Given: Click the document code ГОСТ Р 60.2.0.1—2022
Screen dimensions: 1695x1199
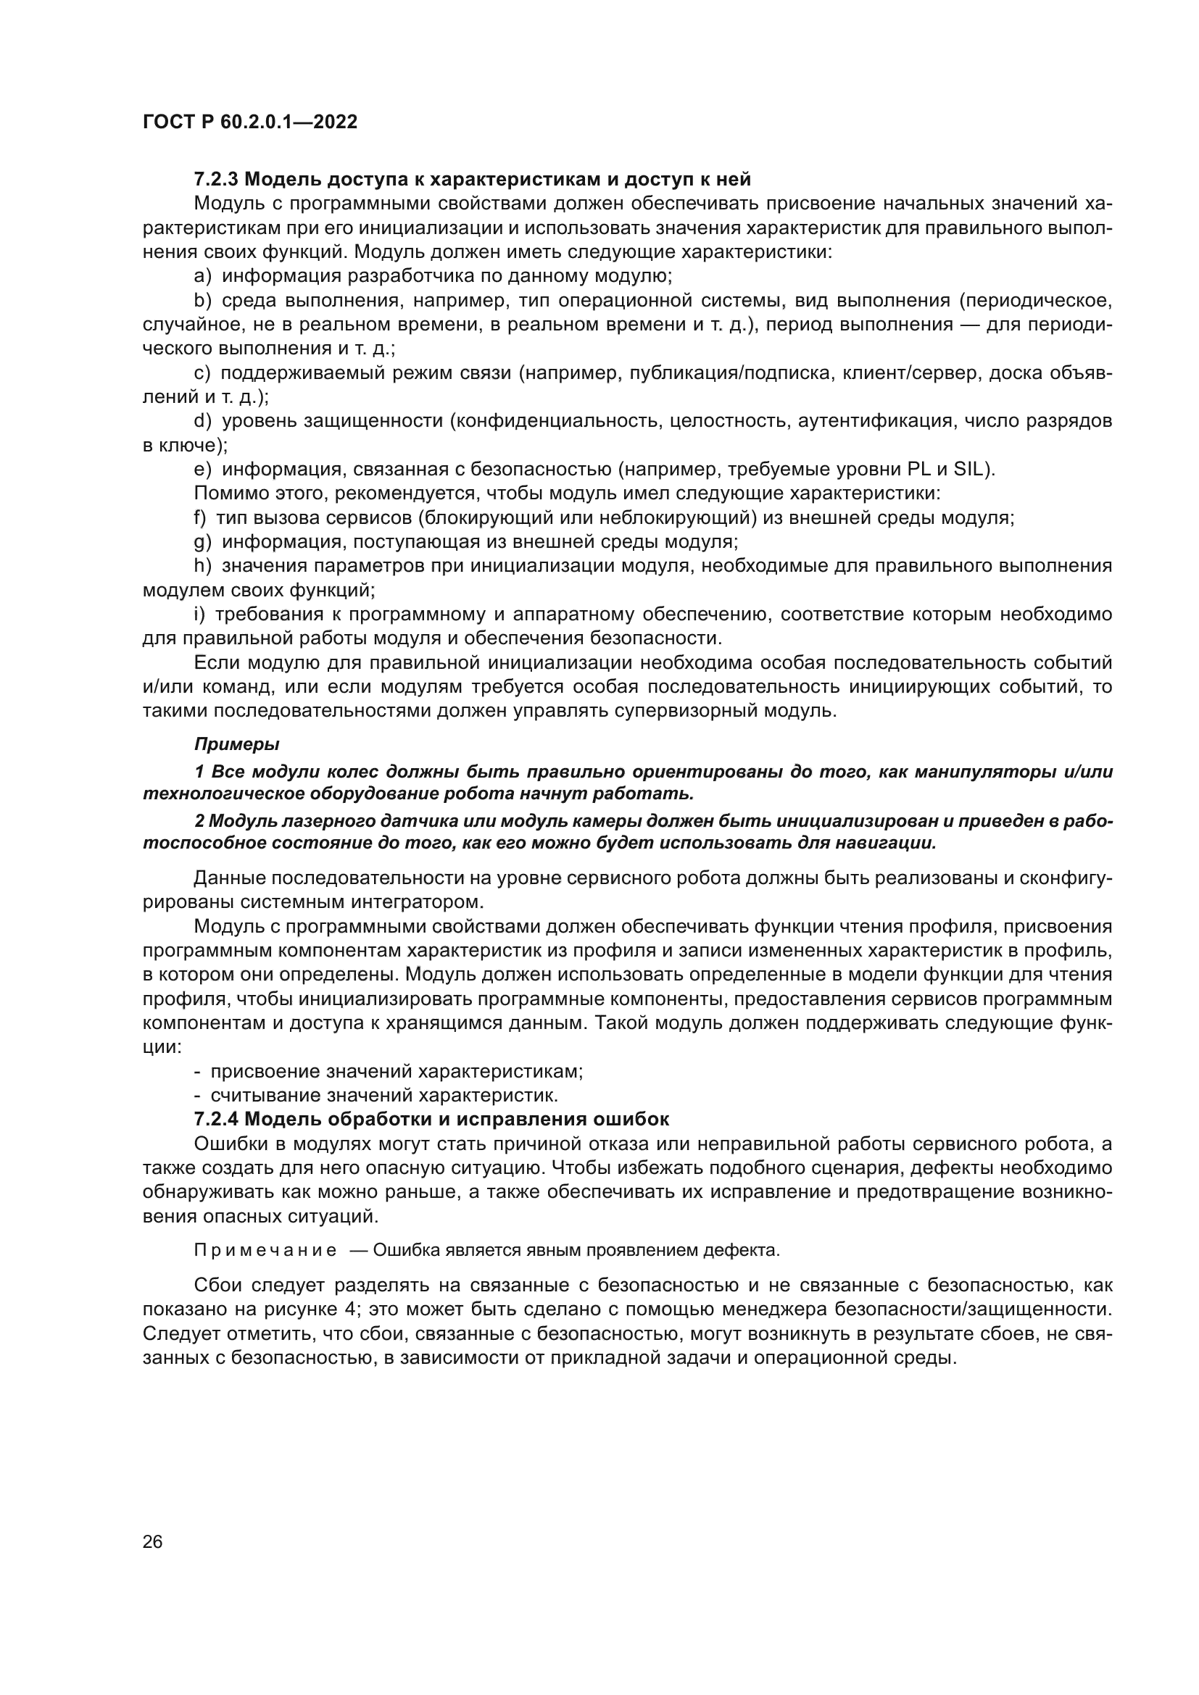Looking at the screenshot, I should click(x=249, y=122).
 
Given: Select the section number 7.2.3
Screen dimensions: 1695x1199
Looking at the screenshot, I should click(x=215, y=180).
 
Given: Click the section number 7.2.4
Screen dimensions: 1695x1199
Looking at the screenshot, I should click(x=215, y=1119).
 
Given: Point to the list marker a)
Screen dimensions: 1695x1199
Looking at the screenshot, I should click(x=202, y=277).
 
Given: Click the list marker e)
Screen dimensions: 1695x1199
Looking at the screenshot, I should click(x=202, y=470).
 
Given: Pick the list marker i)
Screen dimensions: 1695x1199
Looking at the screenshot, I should click(x=199, y=615).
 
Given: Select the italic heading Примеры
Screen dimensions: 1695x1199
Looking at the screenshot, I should click(x=236, y=744).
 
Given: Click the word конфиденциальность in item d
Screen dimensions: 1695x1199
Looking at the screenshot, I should click(x=555, y=422).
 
